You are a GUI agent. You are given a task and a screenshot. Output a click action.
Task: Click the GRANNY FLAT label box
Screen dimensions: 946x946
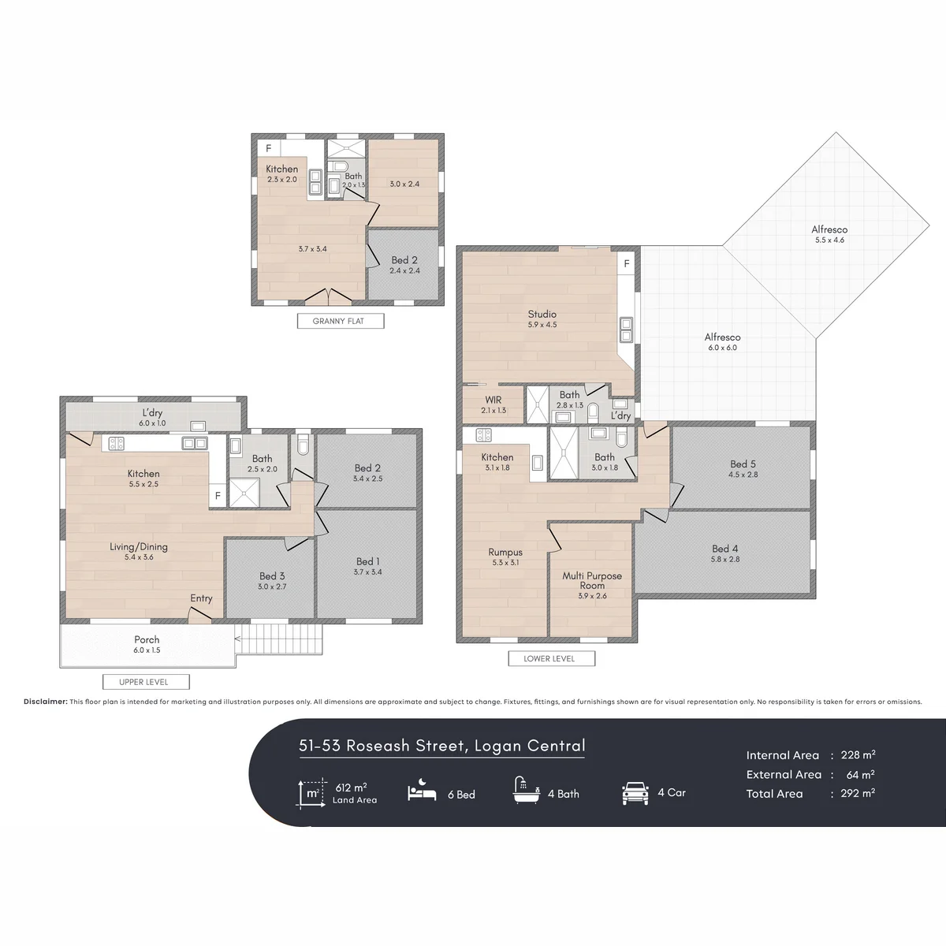(341, 321)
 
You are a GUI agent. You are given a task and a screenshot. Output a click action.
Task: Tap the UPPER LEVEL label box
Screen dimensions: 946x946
(146, 682)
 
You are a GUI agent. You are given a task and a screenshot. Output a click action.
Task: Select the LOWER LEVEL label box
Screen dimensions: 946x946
(551, 658)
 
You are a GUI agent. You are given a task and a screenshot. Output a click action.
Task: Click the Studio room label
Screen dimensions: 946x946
(542, 314)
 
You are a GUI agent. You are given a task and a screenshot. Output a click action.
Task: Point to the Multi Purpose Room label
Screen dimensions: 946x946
(592, 580)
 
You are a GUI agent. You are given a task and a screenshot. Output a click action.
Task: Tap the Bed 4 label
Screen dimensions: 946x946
(725, 549)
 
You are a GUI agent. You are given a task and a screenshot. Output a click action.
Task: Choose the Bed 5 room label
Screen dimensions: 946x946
(743, 464)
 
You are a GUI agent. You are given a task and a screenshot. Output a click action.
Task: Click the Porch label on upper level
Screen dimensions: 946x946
(147, 639)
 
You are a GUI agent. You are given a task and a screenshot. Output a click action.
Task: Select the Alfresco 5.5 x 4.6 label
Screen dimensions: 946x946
(829, 234)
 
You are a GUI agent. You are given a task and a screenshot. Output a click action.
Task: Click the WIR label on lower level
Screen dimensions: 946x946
(493, 400)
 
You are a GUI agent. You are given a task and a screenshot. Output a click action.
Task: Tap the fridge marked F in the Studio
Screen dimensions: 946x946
(627, 263)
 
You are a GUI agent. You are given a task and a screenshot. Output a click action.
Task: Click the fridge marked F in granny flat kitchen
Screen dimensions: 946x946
(269, 147)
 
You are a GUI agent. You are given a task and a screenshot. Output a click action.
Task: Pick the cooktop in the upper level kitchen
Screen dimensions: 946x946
(116, 443)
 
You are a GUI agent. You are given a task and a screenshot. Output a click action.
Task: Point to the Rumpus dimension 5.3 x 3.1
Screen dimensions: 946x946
(505, 563)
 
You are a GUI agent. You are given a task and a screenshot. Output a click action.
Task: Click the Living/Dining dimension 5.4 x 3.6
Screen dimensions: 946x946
(139, 557)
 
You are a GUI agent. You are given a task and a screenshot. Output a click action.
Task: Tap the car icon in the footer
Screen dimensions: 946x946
(635, 794)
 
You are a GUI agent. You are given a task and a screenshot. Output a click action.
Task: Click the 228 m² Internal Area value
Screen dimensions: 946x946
(858, 755)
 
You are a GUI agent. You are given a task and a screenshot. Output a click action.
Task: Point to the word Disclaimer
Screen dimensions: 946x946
(46, 702)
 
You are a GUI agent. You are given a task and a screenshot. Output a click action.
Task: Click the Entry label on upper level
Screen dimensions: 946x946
(201, 598)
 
